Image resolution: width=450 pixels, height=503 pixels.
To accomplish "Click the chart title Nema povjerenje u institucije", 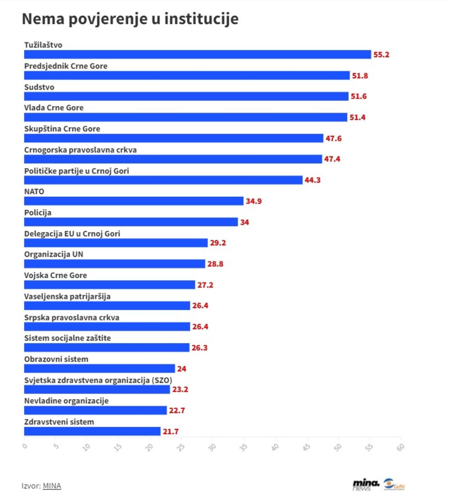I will pyautogui.click(x=130, y=19).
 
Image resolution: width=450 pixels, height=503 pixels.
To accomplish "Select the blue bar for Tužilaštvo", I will pyautogui.click(x=197, y=54).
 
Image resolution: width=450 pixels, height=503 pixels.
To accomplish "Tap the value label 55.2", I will pyautogui.click(x=381, y=55).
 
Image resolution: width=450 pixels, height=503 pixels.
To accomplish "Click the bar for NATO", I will pyautogui.click(x=134, y=201).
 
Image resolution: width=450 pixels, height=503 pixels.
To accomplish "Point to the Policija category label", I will pyautogui.click(x=37, y=213).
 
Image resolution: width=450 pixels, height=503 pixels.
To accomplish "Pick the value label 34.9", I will pyautogui.click(x=253, y=201).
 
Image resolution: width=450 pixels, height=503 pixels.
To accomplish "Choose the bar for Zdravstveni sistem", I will pyautogui.click(x=92, y=432).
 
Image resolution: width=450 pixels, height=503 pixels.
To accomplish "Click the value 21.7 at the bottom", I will pyautogui.click(x=171, y=432).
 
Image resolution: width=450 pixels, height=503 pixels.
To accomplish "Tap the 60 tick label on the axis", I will pyautogui.click(x=400, y=447).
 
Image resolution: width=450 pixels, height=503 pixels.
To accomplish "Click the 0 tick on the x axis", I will pyautogui.click(x=24, y=446).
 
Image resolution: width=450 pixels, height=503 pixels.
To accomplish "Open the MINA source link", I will pyautogui.click(x=52, y=486).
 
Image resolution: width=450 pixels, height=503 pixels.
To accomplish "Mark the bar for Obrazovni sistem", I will pyautogui.click(x=99, y=369).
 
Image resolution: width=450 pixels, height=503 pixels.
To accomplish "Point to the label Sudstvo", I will pyautogui.click(x=39, y=87).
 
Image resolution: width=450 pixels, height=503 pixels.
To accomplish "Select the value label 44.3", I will pyautogui.click(x=312, y=180).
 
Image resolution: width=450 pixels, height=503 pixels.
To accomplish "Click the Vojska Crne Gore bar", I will pyautogui.click(x=109, y=285).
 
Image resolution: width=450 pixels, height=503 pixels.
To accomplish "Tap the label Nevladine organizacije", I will pyautogui.click(x=66, y=401).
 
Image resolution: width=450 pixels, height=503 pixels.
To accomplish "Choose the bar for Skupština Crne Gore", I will pyautogui.click(x=173, y=138).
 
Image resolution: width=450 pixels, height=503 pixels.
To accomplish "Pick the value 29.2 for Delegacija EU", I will pyautogui.click(x=218, y=243).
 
